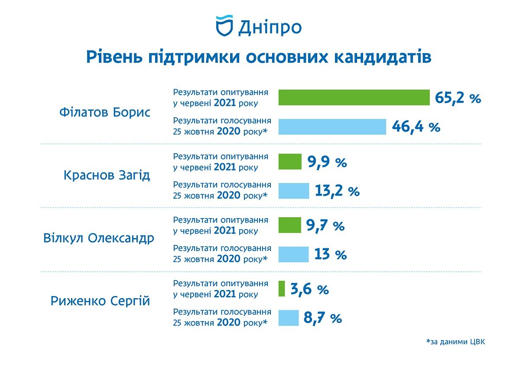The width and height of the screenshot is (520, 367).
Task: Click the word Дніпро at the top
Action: (270, 27)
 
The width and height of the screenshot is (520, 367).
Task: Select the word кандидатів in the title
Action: (382, 57)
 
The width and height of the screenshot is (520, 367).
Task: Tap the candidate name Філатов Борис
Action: (104, 113)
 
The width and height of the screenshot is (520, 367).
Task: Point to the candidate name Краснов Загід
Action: (107, 176)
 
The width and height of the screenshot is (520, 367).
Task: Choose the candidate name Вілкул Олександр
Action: (99, 238)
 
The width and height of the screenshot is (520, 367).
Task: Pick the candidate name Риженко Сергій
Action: (101, 301)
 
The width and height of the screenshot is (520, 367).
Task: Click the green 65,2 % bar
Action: (354, 97)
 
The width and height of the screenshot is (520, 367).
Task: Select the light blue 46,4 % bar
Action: (332, 127)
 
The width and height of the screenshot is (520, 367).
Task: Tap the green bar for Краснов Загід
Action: (289, 161)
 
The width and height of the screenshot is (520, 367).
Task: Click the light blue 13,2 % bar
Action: (293, 190)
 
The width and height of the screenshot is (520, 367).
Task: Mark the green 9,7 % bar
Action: (289, 225)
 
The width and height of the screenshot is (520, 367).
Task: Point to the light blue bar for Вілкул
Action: (293, 254)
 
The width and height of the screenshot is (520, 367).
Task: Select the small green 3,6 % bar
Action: (282, 289)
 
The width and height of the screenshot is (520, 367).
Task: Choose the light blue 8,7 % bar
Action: (288, 318)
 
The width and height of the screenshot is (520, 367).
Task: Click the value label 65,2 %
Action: (458, 98)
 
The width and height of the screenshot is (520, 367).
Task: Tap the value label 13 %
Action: (330, 254)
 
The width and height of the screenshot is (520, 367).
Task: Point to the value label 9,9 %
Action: (327, 162)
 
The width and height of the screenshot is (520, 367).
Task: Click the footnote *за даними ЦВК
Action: (455, 342)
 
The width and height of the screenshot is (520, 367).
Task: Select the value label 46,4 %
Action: (416, 127)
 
